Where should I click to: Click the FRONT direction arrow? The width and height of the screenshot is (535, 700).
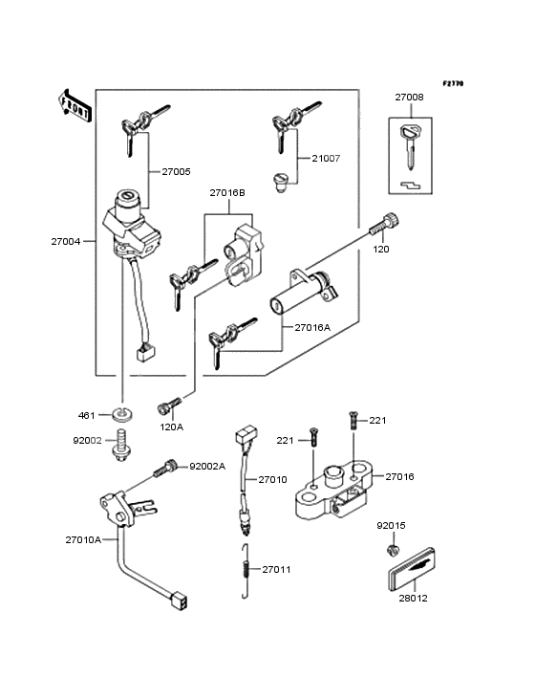(75, 106)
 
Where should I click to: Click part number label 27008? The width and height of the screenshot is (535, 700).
(409, 97)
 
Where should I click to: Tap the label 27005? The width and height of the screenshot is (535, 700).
(176, 172)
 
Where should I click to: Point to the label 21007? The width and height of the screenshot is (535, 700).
(326, 159)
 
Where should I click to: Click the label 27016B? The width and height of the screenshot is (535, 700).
(227, 193)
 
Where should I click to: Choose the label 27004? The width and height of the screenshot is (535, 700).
(66, 242)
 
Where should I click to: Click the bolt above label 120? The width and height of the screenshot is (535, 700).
(384, 224)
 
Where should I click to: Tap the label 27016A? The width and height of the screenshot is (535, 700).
(312, 328)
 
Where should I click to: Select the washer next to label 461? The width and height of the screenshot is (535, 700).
(122, 414)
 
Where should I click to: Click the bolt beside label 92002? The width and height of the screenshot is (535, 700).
(120, 445)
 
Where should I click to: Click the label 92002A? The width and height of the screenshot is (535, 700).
(207, 467)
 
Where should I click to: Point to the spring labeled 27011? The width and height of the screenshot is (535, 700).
(245, 571)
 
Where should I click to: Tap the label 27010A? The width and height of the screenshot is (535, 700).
(83, 540)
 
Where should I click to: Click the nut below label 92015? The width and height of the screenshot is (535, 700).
(393, 550)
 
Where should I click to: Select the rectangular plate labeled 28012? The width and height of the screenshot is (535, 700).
(411, 568)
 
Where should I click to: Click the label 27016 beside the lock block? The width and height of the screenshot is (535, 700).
(399, 477)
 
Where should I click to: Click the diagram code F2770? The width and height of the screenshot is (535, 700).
(453, 83)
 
